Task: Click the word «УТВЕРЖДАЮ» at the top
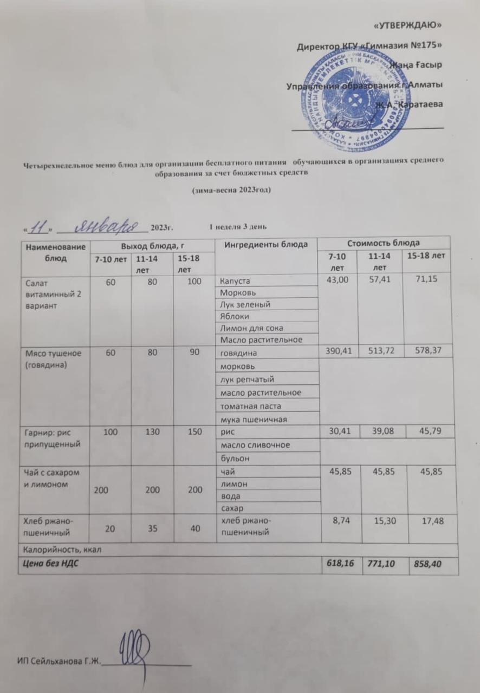(x=408, y=25)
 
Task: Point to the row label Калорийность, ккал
(x=61, y=549)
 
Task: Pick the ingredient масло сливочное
(x=252, y=445)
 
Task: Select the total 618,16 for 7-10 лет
(x=340, y=564)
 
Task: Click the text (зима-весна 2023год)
(x=232, y=191)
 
